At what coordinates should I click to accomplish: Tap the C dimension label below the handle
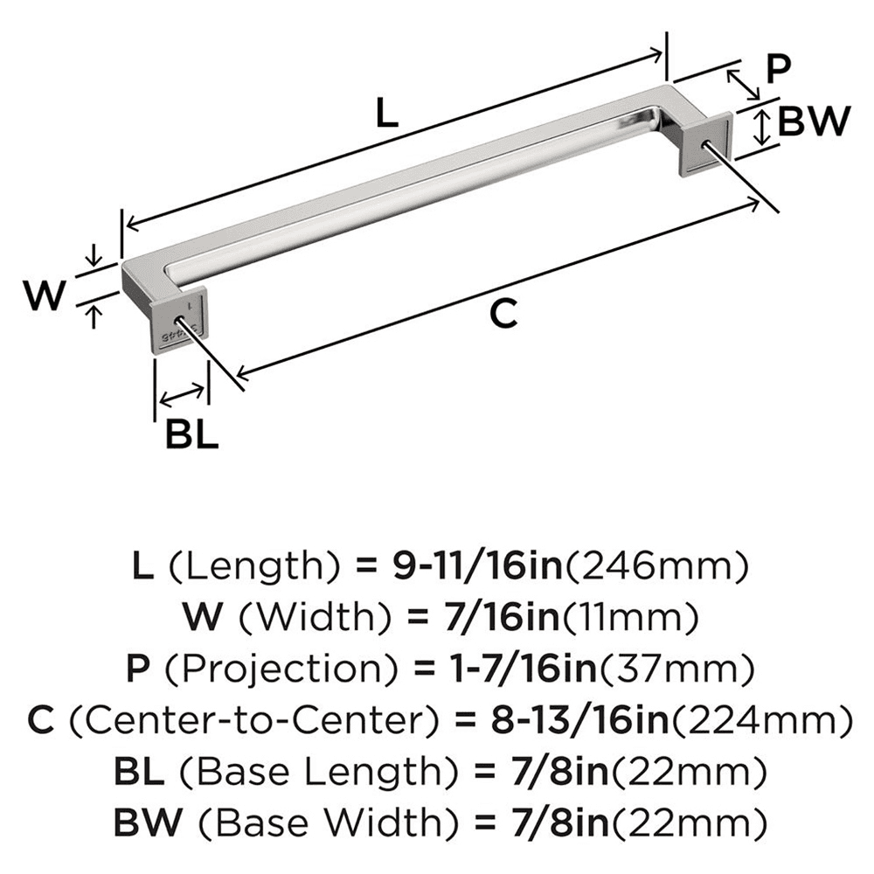pyautogui.click(x=503, y=312)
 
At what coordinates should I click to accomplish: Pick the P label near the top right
pyautogui.click(x=776, y=68)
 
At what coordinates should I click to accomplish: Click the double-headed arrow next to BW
pyautogui.click(x=763, y=126)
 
